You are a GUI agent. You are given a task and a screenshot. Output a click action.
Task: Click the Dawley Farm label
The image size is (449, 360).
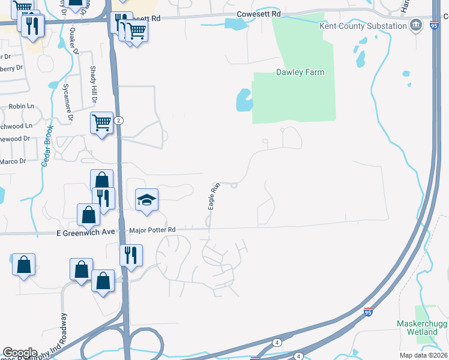[300, 73]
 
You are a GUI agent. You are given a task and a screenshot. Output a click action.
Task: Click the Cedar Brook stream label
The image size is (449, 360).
[47, 146]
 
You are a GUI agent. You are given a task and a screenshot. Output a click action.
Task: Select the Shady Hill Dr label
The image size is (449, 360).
[94, 84]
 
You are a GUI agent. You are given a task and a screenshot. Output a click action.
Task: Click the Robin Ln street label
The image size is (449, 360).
[22, 106]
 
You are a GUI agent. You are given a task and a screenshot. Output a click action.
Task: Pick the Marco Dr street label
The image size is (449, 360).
[13, 161]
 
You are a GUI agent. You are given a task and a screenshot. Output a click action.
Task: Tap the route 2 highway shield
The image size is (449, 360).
[119, 121]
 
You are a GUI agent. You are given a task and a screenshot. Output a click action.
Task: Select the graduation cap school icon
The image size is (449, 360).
[146, 200]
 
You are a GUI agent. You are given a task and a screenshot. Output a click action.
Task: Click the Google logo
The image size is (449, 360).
[20, 353]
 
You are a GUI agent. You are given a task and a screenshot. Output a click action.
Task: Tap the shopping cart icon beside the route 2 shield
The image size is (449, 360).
[102, 123]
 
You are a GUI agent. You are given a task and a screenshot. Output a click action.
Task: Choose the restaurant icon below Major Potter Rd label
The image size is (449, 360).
[130, 256]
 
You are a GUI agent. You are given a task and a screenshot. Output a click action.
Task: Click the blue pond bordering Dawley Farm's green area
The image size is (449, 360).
[243, 100]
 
